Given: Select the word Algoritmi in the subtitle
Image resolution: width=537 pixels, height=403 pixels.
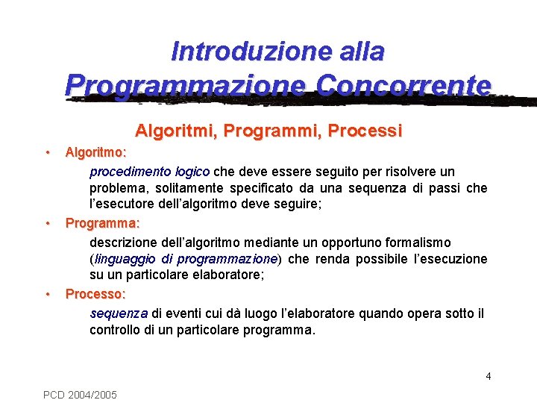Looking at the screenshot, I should (x=175, y=131).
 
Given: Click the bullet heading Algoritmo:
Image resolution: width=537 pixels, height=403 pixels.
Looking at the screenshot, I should (x=95, y=152).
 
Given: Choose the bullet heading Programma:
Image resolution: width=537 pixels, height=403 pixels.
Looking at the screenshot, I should (x=103, y=223).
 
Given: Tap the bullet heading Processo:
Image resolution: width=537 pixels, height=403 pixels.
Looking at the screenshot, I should (x=95, y=294).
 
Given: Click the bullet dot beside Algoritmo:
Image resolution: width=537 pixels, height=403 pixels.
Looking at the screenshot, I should (x=47, y=151).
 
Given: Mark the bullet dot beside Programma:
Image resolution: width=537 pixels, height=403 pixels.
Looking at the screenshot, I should (x=47, y=222).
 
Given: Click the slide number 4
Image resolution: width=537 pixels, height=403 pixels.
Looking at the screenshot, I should (x=489, y=376).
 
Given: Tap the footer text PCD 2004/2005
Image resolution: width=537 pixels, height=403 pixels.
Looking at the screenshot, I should (x=80, y=394).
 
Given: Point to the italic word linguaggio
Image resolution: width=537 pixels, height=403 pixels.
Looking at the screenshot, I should (x=125, y=259).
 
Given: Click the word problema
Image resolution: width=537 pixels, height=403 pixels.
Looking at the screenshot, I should (x=116, y=188).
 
